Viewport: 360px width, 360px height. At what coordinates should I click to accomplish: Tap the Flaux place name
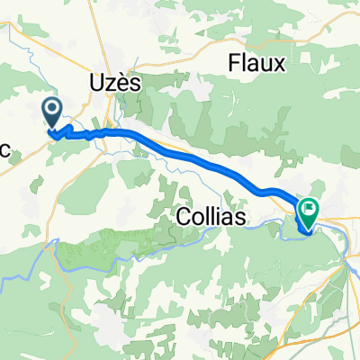tap(256, 64)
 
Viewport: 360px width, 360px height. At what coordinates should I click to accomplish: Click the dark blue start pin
tap(53, 113)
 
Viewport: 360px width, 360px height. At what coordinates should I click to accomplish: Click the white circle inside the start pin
tap(53, 111)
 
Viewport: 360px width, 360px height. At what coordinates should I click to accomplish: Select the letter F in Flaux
tap(234, 64)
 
